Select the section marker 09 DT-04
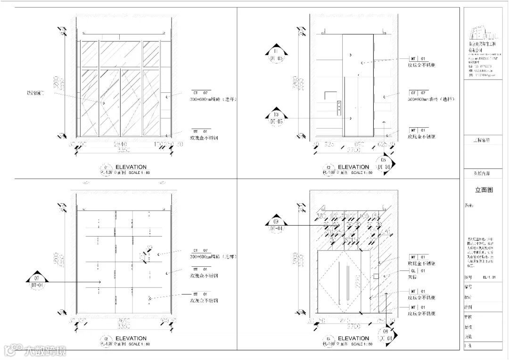(x=277, y=225)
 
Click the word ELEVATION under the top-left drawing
(x=131, y=167)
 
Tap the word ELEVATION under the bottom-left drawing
(x=131, y=338)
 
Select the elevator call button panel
(x=338, y=107)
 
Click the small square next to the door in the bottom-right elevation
(x=376, y=276)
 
